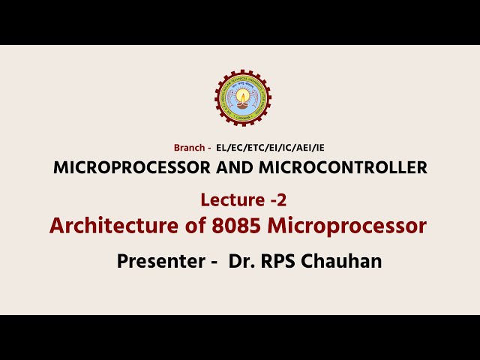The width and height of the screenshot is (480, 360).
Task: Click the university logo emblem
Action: [x=242, y=98]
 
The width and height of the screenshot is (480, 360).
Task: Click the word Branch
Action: [x=187, y=148]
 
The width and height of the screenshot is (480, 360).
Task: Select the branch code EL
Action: [x=221, y=148]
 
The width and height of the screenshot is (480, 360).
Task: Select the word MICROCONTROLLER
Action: [x=341, y=167]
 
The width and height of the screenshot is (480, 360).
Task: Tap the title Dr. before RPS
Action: [x=238, y=262]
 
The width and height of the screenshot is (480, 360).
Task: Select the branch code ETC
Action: [x=253, y=148]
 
